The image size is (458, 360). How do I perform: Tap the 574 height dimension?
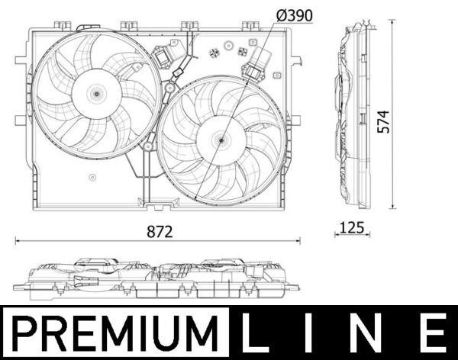point(385,121)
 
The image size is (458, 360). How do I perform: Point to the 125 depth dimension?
point(351,227)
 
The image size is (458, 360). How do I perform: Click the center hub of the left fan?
point(96,94)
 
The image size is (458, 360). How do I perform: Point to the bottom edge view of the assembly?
point(156,279)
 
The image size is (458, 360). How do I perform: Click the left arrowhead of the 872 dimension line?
point(18,240)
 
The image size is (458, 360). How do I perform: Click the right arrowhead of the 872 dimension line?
point(298,240)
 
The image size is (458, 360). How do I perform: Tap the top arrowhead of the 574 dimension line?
point(394,22)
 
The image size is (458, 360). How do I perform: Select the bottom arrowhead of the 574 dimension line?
point(394,207)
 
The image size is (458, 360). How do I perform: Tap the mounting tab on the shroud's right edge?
point(296,120)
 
